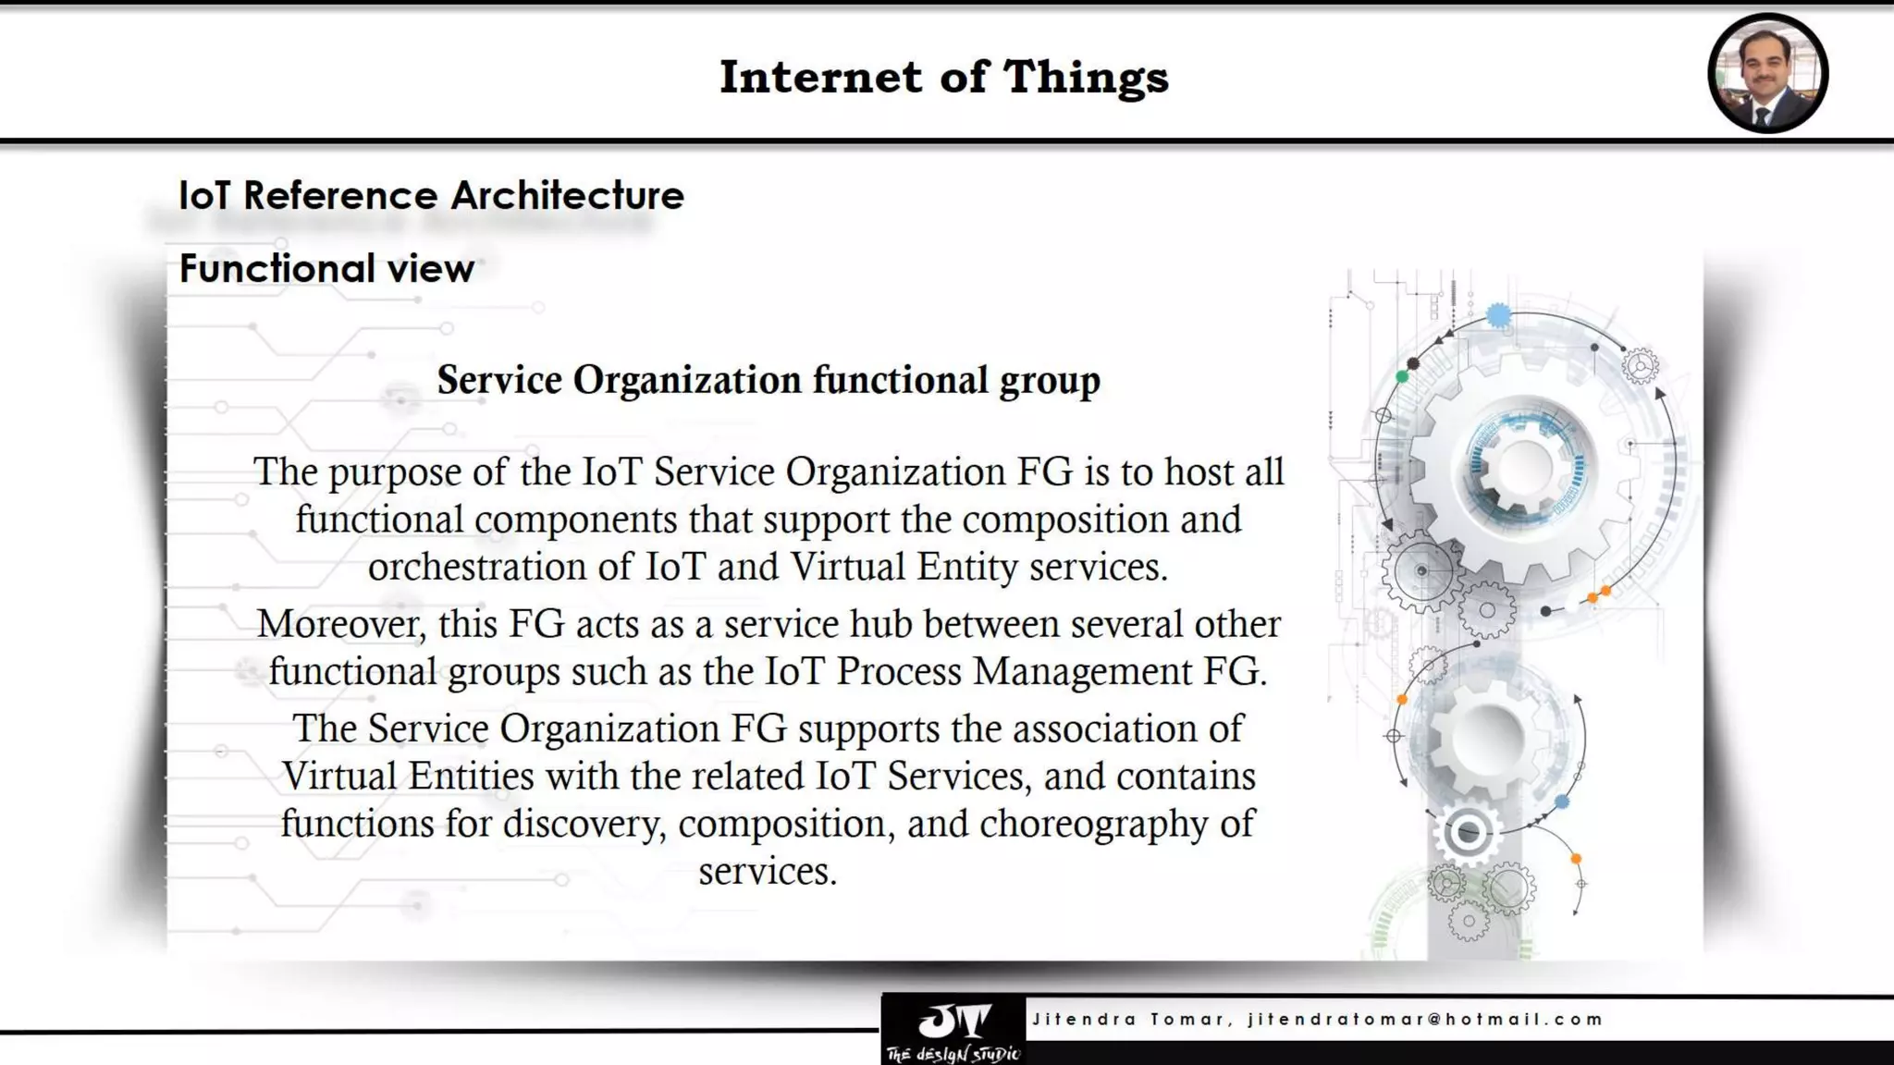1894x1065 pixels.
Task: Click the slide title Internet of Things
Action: point(944,76)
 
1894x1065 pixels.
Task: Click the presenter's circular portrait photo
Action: point(1767,73)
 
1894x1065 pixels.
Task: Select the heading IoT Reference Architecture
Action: point(431,195)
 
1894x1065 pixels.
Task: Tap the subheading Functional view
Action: point(326,268)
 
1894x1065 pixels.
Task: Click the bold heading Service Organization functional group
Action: point(769,380)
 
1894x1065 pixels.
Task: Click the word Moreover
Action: point(341,624)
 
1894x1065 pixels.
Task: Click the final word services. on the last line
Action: point(768,871)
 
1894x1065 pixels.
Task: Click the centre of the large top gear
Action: point(1524,469)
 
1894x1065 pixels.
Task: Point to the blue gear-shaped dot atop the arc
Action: point(1498,316)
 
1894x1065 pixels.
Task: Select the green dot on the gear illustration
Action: point(1402,376)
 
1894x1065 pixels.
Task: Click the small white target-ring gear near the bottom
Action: point(1467,832)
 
